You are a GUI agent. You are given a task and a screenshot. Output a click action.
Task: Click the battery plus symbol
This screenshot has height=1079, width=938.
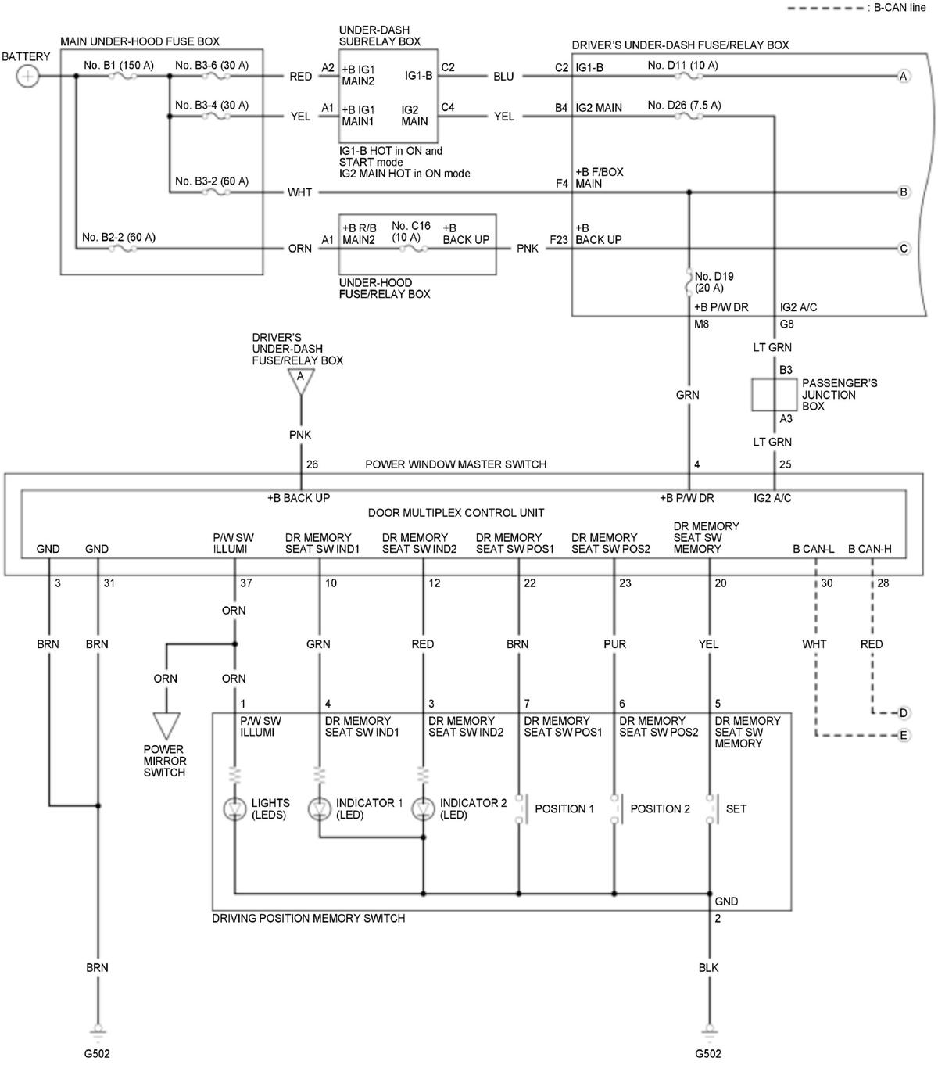[x=27, y=77]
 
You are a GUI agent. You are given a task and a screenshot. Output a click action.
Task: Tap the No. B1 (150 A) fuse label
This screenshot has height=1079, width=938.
[x=119, y=66]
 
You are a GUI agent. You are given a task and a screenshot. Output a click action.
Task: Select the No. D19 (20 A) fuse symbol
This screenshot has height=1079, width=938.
[x=689, y=281]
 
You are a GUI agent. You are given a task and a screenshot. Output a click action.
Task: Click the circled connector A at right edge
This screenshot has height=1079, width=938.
[x=903, y=77]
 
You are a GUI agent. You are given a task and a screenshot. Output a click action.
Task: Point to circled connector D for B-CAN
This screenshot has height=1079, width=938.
[x=903, y=713]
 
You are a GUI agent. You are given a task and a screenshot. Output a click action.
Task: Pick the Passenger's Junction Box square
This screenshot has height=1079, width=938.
[x=774, y=395]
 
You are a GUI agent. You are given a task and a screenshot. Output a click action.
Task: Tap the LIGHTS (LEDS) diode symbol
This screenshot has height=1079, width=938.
[x=234, y=808]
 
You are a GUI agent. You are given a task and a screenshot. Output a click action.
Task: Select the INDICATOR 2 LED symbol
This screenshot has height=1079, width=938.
[x=423, y=808]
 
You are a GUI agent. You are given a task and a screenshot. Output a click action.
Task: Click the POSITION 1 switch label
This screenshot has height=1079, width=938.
[x=564, y=808]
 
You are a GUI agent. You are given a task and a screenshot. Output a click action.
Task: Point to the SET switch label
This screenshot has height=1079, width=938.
[x=736, y=808]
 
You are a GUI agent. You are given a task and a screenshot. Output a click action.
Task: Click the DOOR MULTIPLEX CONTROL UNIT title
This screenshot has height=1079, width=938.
[x=456, y=513]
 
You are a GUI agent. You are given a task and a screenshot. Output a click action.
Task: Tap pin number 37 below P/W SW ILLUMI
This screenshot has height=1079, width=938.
[x=246, y=583]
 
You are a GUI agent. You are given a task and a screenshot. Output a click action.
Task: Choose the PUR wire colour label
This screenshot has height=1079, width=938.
[x=615, y=644]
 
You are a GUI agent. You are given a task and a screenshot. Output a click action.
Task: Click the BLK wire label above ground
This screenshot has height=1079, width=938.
[x=709, y=968]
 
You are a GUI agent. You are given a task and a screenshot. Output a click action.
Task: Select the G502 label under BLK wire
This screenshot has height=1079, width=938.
[x=708, y=1054]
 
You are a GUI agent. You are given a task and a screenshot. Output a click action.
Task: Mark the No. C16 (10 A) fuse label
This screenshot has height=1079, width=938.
[x=410, y=231]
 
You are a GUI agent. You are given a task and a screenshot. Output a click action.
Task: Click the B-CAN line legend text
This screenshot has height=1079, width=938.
[x=900, y=7]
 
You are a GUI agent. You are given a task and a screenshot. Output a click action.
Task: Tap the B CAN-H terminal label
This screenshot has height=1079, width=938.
[x=869, y=549]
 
